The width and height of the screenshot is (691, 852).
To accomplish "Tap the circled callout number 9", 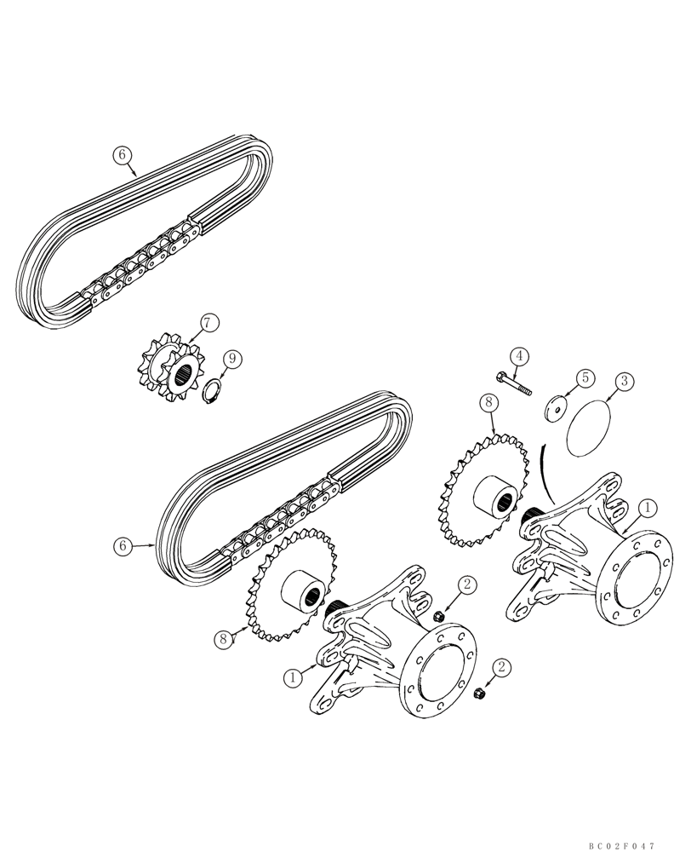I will (231, 361).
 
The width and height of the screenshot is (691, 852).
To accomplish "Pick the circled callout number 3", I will (624, 381).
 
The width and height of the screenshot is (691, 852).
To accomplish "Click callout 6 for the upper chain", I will (123, 154).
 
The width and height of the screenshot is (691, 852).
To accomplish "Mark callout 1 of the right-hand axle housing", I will (649, 508).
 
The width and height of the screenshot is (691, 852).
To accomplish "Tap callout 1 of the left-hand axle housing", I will (293, 677).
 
